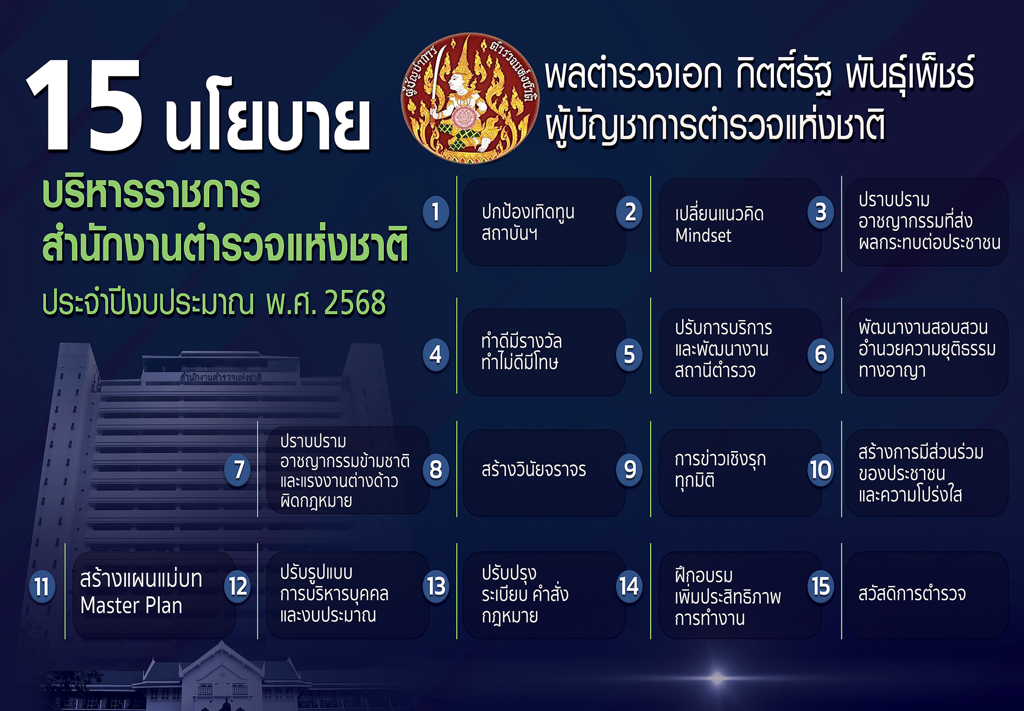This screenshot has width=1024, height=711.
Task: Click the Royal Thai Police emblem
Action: pos(470,98)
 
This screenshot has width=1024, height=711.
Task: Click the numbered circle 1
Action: pos(435,212)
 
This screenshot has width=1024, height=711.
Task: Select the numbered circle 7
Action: pos(238,470)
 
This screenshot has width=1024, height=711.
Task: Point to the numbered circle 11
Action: pos(42,587)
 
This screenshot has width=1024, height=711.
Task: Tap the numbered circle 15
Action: pos(821,586)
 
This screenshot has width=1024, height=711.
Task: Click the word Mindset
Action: pos(703,235)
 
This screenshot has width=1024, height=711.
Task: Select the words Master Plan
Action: pos(131,605)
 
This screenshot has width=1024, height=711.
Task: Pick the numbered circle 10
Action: pos(821,470)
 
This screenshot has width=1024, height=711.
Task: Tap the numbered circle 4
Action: pos(435,354)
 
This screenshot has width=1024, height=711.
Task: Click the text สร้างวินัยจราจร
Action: pos(534,470)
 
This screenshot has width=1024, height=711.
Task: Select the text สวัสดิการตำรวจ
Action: pos(912,593)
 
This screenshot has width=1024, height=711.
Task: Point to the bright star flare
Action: pos(717,678)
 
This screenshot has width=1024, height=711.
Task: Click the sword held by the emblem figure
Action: pos(437,78)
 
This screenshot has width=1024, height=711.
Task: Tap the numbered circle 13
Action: pos(435,586)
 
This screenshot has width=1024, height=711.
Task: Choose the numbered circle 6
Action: pos(821,354)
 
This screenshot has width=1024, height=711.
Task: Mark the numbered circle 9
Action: pos(630,470)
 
